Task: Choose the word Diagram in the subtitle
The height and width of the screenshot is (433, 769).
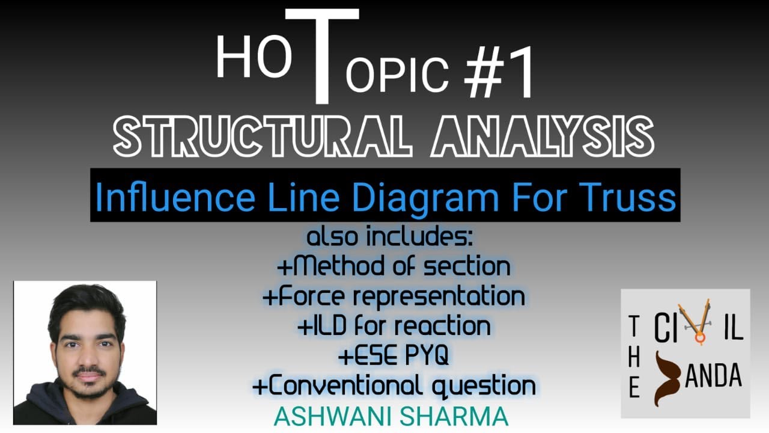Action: pyautogui.click(x=420, y=198)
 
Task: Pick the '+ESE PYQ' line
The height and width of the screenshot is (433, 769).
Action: pyautogui.click(x=394, y=356)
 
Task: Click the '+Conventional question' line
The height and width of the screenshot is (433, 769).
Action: pyautogui.click(x=394, y=385)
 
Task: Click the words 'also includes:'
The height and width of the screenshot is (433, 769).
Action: pyautogui.click(x=391, y=237)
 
